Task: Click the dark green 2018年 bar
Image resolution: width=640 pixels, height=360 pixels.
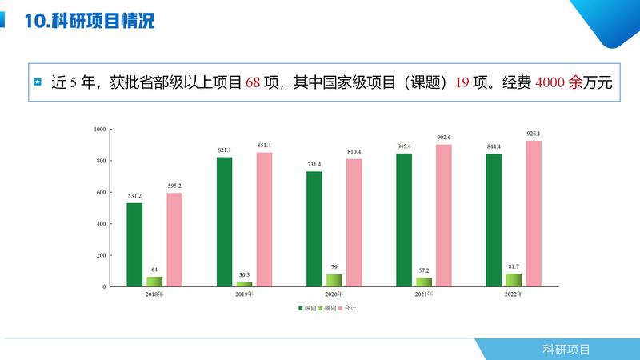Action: (x=134, y=244)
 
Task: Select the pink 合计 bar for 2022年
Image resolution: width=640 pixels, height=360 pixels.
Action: (x=533, y=214)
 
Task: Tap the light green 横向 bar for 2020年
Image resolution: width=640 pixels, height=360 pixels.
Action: (x=334, y=280)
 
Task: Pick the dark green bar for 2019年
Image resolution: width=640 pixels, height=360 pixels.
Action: (x=224, y=222)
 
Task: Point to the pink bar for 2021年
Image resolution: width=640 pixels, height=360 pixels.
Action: (x=443, y=215)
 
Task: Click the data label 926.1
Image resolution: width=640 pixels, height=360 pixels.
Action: (x=533, y=133)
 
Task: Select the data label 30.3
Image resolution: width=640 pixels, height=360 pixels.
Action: (x=244, y=274)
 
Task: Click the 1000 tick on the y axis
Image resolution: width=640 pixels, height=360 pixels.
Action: (x=100, y=130)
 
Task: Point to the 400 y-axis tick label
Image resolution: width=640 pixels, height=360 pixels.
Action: (x=102, y=224)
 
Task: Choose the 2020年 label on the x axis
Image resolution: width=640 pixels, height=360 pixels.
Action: (x=334, y=294)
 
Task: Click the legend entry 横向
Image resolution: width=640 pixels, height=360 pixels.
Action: (x=329, y=308)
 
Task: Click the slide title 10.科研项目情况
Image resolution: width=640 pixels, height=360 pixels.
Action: (x=90, y=22)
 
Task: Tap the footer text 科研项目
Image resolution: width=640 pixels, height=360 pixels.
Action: (x=566, y=349)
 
